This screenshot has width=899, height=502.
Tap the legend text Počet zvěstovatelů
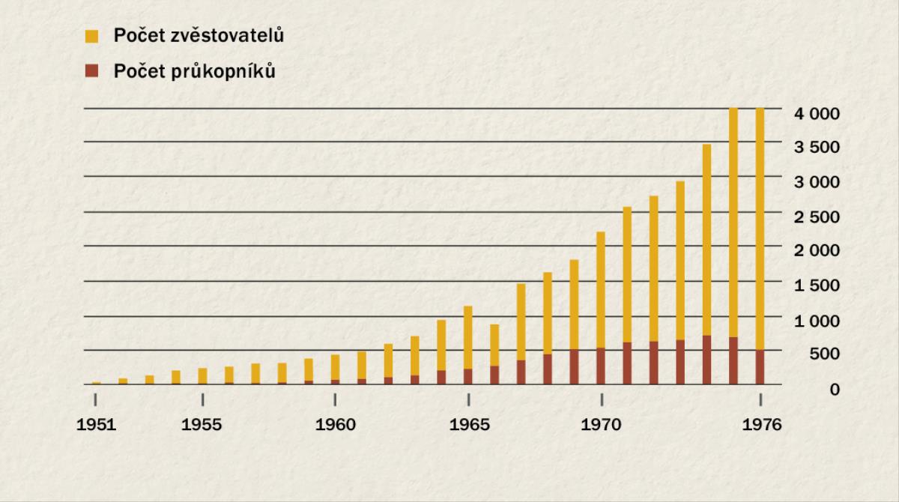tap(198, 35)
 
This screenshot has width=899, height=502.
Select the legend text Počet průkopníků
tap(194, 72)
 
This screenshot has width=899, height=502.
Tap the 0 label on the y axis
tap(834, 388)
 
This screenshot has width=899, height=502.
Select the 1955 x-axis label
tap(202, 425)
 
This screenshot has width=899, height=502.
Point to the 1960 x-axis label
tap(335, 425)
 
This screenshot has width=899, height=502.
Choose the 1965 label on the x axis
tap(468, 425)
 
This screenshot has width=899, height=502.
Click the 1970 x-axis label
tap(601, 425)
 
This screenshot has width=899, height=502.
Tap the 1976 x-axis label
tap(760, 425)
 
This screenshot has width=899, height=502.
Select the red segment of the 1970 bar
tap(601, 366)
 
